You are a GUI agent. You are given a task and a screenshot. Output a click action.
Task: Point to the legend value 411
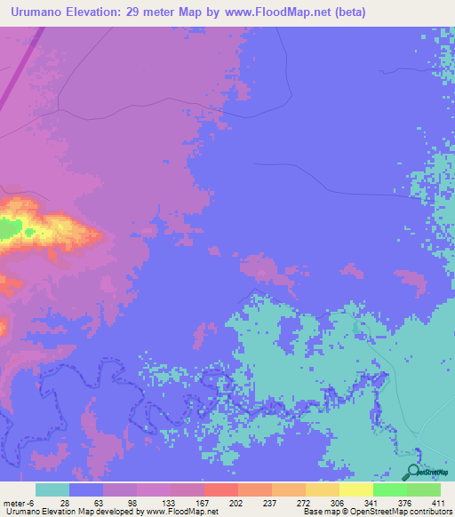[x=440, y=502]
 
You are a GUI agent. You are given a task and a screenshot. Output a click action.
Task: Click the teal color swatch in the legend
[x=52, y=489]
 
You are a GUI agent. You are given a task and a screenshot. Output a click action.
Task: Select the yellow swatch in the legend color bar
[x=356, y=489]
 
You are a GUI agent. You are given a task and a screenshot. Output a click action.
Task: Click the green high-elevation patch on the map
[x=9, y=229]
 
